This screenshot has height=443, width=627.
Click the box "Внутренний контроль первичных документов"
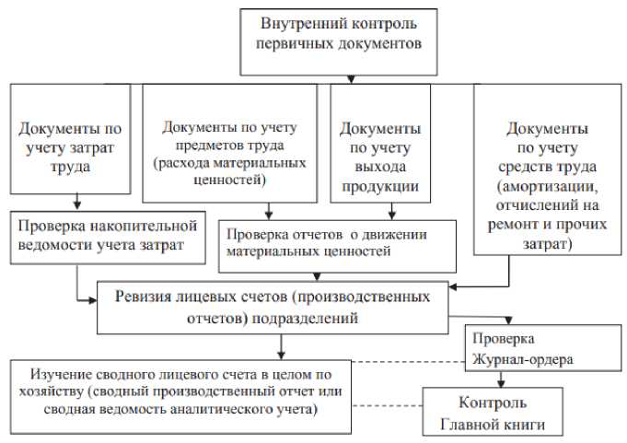tap(341, 41)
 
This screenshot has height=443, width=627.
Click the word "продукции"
tap(380, 186)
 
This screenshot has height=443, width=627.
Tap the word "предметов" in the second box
tap(199, 146)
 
